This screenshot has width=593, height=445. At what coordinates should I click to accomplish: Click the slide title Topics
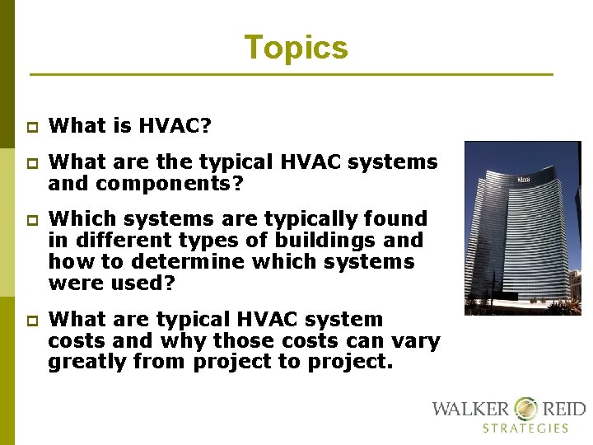coord(296,48)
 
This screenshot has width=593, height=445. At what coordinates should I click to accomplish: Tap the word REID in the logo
coord(563,409)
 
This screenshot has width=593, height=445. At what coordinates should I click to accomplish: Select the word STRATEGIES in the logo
coord(525,429)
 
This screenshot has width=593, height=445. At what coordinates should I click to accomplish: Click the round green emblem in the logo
coord(525,408)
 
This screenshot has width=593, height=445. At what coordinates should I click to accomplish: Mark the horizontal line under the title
coord(292,75)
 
